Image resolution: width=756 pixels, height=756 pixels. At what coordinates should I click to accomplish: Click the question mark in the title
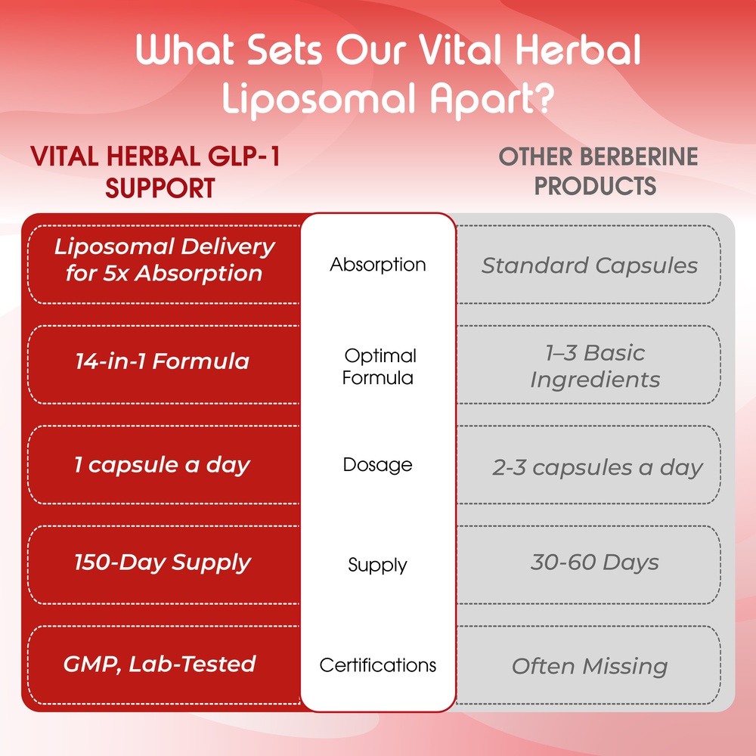544,98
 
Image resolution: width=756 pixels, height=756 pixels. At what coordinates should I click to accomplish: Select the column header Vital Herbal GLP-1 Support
156,172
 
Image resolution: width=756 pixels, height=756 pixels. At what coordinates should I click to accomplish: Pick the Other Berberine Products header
598,171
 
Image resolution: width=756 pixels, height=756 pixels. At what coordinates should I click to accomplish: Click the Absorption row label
377,265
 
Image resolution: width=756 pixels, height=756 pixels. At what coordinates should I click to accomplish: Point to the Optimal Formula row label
379,367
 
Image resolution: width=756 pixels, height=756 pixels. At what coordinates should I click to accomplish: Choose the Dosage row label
377,465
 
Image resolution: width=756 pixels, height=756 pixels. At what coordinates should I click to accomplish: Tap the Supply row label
377,565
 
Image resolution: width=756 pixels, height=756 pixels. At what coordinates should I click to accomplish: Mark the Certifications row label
377,665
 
